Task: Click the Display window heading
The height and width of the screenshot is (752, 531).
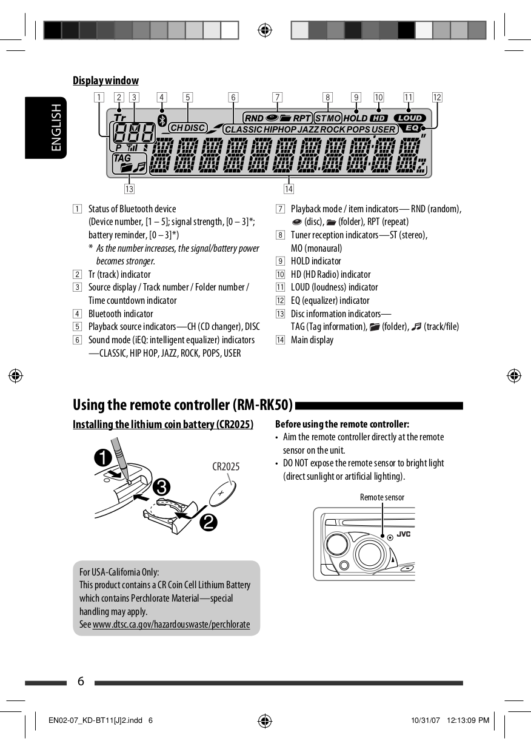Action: pyautogui.click(x=105, y=81)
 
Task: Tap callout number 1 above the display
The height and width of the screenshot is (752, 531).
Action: pyautogui.click(x=99, y=97)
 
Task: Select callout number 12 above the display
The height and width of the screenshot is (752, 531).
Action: pyautogui.click(x=437, y=97)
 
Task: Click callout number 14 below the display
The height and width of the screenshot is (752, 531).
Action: pyautogui.click(x=289, y=189)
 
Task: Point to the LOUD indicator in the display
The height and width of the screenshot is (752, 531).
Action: pyautogui.click(x=410, y=118)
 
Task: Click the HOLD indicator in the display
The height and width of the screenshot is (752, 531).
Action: pyautogui.click(x=355, y=118)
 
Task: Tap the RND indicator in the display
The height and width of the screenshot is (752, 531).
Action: pyautogui.click(x=254, y=118)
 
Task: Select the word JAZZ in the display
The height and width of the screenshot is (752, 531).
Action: pyautogui.click(x=308, y=130)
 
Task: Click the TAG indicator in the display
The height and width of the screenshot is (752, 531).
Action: pyautogui.click(x=122, y=158)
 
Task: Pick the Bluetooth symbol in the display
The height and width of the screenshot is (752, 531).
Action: pyautogui.click(x=162, y=120)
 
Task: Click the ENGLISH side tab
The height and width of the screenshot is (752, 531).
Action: pyautogui.click(x=56, y=127)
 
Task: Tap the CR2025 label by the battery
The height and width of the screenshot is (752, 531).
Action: pyautogui.click(x=225, y=466)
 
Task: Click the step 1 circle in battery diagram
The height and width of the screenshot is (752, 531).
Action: pyautogui.click(x=102, y=457)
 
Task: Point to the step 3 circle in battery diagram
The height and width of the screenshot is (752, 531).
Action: pyautogui.click(x=161, y=487)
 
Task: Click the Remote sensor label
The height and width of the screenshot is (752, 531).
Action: pyautogui.click(x=382, y=497)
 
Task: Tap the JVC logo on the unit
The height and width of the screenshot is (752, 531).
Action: pyautogui.click(x=404, y=534)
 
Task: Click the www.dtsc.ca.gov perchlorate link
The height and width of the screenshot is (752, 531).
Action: pyautogui.click(x=171, y=624)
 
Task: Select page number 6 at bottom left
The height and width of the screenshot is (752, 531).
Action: pyautogui.click(x=81, y=682)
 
